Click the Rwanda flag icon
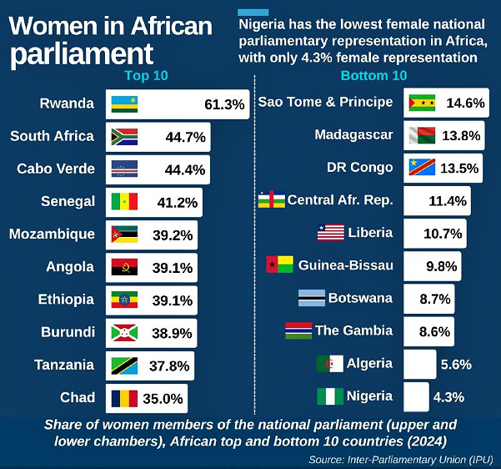click(124, 104)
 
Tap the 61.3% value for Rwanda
click(224, 104)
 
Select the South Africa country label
click(53, 136)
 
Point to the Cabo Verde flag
click(124, 169)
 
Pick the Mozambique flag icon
click(124, 234)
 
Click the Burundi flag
click(124, 332)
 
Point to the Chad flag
click(124, 397)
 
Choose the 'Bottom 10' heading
click(373, 76)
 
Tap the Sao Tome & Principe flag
click(423, 103)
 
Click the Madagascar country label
click(353, 134)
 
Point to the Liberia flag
click(331, 233)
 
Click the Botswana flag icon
click(312, 298)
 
